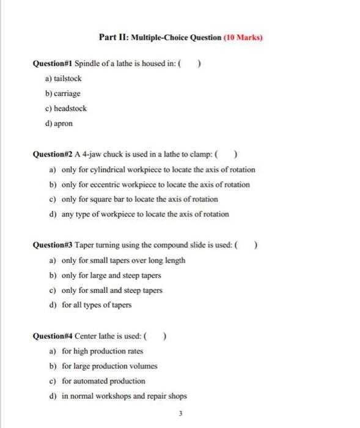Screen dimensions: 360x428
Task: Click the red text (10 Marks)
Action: pyautogui.click(x=243, y=37)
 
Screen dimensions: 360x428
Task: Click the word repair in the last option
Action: pyautogui.click(x=157, y=395)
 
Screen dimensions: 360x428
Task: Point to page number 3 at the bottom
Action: pyautogui.click(x=180, y=414)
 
